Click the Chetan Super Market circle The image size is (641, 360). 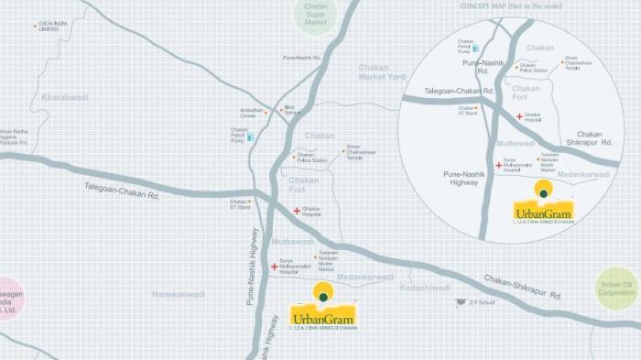[x=316, y=15]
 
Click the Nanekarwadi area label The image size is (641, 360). [x=179, y=294]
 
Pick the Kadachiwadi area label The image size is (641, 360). [x=425, y=288]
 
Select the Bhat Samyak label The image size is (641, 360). [x=292, y=109]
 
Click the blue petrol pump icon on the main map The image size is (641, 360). [x=249, y=136]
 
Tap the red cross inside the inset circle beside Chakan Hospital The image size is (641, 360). [x=519, y=116]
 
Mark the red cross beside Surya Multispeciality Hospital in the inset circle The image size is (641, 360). [x=499, y=166]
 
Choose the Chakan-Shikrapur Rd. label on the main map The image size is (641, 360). [x=522, y=286]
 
